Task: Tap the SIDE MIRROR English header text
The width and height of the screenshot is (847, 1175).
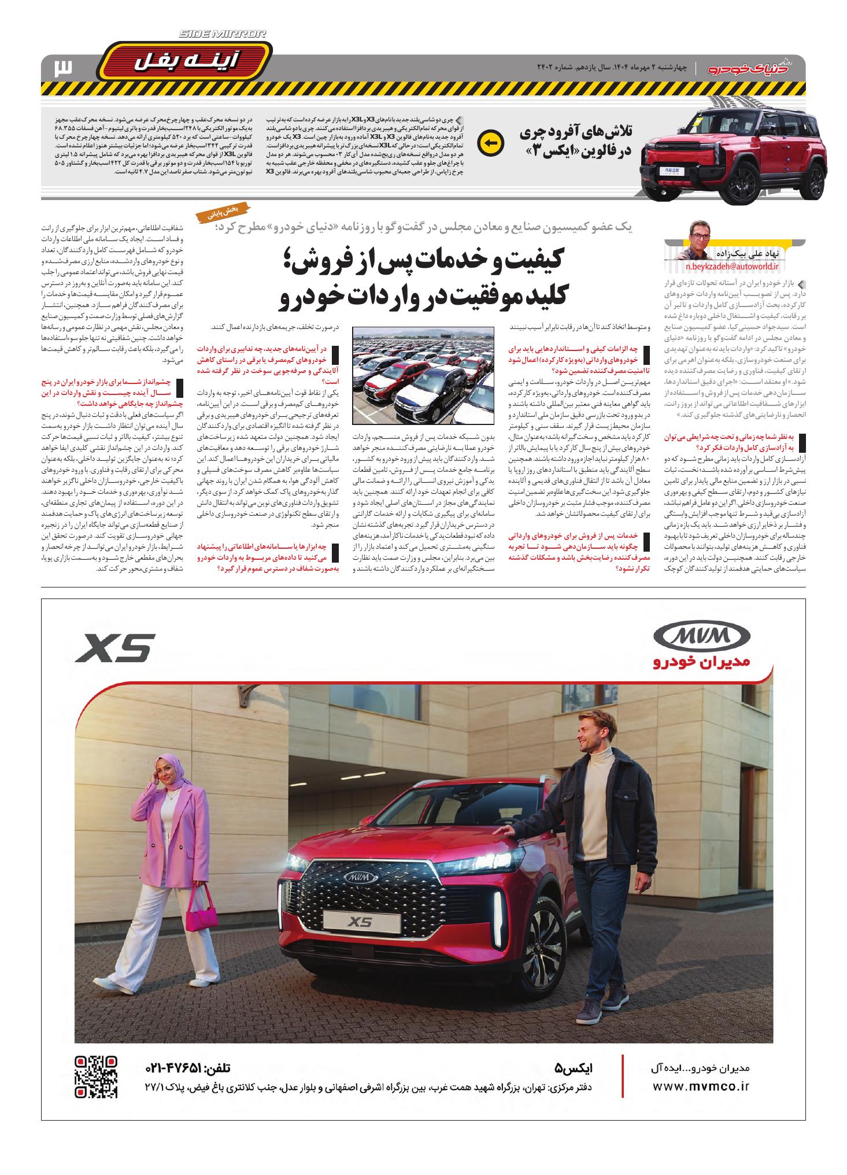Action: [x=222, y=35]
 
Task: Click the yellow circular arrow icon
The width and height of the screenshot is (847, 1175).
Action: [x=490, y=142]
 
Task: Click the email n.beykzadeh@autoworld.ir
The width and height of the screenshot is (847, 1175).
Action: [x=732, y=267]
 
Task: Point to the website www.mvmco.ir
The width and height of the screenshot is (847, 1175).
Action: [x=700, y=1087]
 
